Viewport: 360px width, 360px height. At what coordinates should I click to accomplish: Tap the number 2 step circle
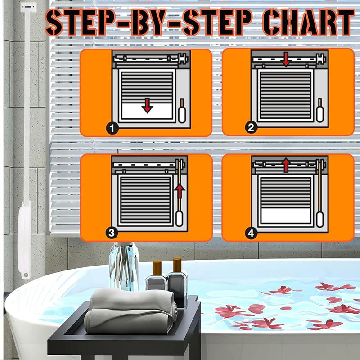(x=252, y=128)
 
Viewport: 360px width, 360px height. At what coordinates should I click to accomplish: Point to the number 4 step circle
(x=252, y=233)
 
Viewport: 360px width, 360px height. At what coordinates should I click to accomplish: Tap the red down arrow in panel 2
(x=285, y=59)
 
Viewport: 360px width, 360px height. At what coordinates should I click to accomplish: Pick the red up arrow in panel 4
(x=285, y=165)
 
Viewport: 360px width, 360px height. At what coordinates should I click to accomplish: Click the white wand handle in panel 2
(x=321, y=113)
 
